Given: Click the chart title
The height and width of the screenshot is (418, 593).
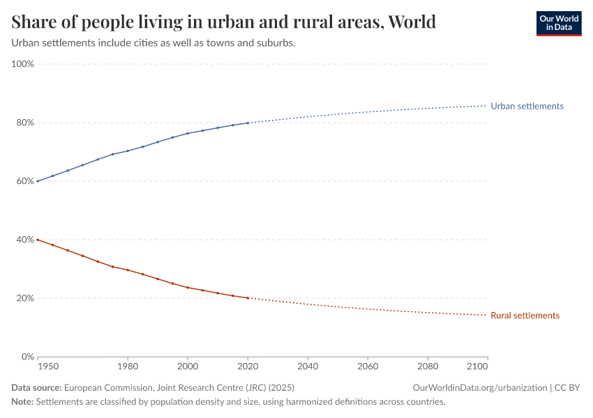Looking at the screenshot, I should (x=224, y=22).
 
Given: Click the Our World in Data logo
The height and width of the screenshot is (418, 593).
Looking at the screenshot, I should (x=558, y=23).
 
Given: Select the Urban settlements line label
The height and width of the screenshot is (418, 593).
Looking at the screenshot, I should (x=527, y=106).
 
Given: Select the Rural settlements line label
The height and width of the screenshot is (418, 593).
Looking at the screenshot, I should (x=525, y=316).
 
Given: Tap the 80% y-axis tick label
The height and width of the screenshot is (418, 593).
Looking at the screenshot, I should (x=25, y=123).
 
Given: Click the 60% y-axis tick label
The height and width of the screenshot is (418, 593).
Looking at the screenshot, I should (x=25, y=181).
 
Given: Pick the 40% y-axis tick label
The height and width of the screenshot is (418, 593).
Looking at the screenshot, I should (x=25, y=240).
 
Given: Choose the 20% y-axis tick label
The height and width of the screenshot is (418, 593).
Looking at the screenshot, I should (x=25, y=298).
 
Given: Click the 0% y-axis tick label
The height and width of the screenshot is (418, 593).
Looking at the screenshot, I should (x=28, y=357).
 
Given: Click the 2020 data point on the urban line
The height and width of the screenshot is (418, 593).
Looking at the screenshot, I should (x=248, y=123).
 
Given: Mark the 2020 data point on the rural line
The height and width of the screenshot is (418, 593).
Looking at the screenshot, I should (x=248, y=298).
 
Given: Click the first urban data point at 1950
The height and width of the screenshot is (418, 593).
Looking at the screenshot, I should (x=37, y=181).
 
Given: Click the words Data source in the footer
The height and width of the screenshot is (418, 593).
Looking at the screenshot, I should (x=36, y=387).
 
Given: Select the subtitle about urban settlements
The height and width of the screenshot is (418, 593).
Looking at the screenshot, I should (x=153, y=43).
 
